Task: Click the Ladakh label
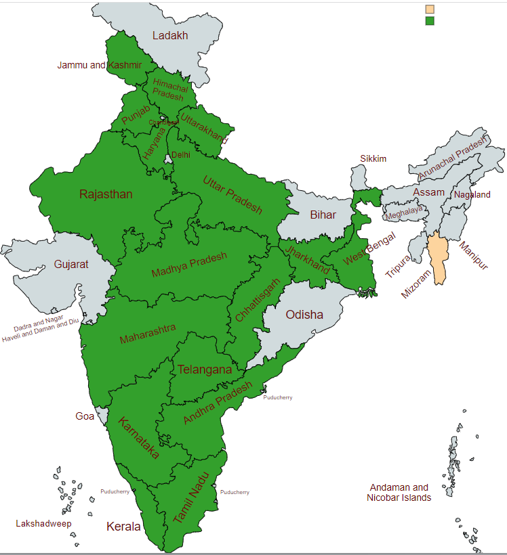pos(169,36)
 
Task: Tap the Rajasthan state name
pos(106,194)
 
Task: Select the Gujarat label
pos(71,265)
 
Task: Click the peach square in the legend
pos(429,9)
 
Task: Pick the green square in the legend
pos(429,21)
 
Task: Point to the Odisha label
pos(304,315)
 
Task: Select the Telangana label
pos(204,370)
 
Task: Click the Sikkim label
pos(373,159)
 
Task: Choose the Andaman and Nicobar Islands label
pos(399,492)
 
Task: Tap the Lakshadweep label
pos(43,523)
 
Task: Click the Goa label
pos(85,416)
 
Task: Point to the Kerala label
pos(123,526)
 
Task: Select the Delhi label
pos(180,154)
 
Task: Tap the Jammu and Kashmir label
pos(99,65)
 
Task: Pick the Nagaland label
pos(472,194)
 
